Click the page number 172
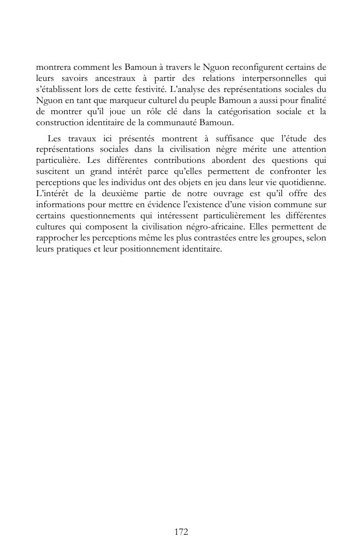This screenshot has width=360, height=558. click(181, 532)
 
